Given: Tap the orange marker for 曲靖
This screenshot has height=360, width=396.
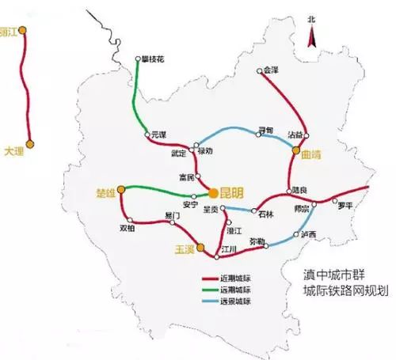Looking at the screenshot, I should tap(295, 149).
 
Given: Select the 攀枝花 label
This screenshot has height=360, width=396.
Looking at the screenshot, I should tap(155, 58).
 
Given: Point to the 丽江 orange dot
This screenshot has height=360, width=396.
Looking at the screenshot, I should tap(23, 30).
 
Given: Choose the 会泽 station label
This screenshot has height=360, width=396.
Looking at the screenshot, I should tap(271, 70).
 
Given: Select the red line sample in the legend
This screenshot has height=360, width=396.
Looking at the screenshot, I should tap(215, 279).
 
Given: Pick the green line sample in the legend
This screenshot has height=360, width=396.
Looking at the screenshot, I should tap(215, 290).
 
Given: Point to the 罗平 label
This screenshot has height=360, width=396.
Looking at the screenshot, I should tap(345, 207).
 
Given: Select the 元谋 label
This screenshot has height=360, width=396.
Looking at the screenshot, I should tap(160, 135).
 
